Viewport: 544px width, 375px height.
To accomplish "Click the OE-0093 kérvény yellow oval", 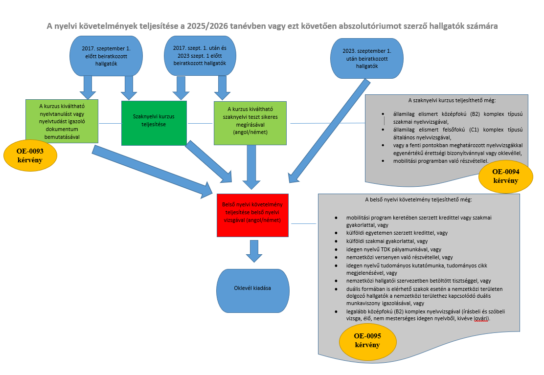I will pos(30,156).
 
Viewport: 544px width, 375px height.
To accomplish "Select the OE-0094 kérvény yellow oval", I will pos(505,176).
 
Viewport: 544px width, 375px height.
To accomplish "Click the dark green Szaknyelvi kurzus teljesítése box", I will pos(154,123).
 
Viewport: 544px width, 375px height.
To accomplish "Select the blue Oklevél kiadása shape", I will pos(252,289).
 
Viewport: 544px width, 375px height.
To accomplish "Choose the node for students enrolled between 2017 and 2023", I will pos(199,56).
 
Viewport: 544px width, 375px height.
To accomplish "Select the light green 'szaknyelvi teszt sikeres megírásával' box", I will pos(250,123).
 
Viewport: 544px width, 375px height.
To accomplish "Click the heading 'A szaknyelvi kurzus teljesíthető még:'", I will pos(448,100).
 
